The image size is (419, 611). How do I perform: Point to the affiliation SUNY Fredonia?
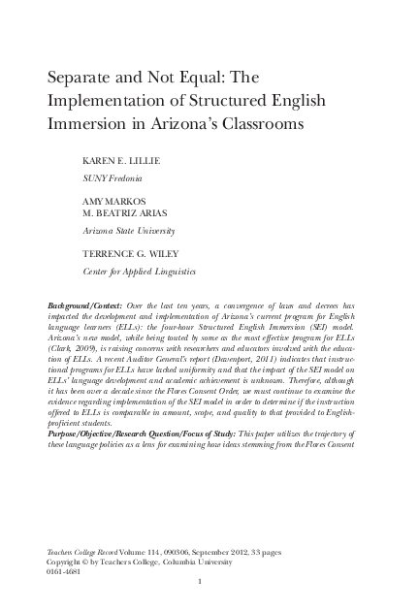111,179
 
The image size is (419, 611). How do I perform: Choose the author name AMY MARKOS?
107,201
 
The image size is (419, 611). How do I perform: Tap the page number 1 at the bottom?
198,582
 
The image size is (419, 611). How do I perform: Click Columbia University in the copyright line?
209,561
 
